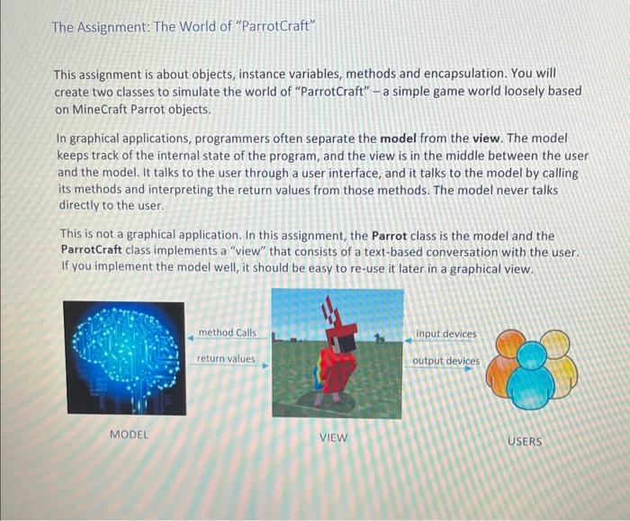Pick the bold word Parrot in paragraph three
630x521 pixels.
389,236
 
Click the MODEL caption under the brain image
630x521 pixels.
129,435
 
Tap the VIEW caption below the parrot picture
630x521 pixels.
333,438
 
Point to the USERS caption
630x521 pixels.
525,441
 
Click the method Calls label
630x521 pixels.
227,333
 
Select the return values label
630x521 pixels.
226,359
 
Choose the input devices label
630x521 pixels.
446,334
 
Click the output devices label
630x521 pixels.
445,361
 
